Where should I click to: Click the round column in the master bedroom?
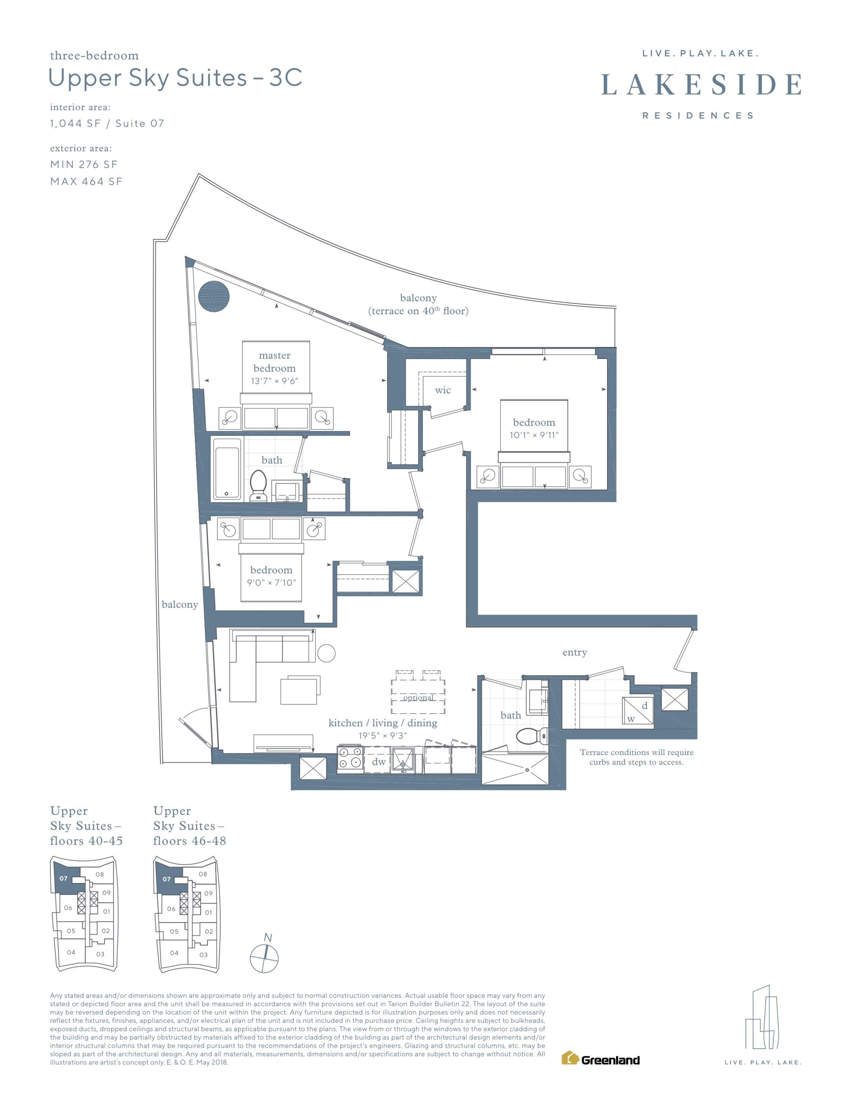coord(214,297)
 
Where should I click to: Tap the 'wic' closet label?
coord(443,390)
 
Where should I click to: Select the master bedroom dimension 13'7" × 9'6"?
coord(274,381)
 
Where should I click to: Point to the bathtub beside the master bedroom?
coord(227,469)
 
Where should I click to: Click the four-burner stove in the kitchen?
coord(351,758)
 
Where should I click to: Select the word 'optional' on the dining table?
coord(418,698)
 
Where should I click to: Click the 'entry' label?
coord(574,653)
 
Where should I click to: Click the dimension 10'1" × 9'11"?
coord(534,435)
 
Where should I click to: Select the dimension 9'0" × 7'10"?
coord(271,582)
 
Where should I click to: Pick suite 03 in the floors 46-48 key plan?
coord(203,955)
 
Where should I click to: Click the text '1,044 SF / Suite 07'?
coord(107,124)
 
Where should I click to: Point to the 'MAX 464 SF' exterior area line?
coord(86,182)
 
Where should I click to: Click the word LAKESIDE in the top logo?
coord(702,84)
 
